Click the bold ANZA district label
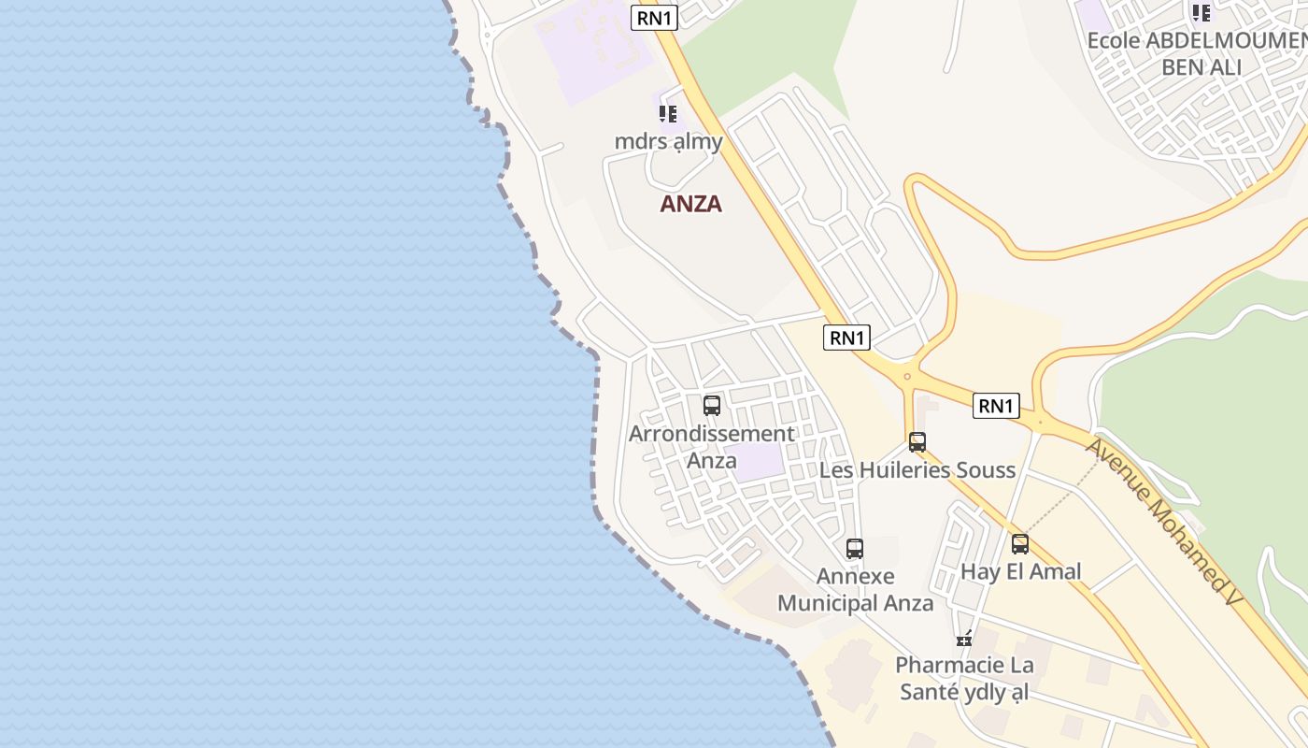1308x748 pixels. tap(691, 204)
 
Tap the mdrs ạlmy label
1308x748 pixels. tap(668, 141)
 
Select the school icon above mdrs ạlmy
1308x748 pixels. tap(667, 114)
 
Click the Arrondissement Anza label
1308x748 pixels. tap(711, 446)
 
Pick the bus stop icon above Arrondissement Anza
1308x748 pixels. tap(712, 406)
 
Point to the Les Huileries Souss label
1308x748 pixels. tap(917, 469)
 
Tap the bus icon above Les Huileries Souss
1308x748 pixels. tap(917, 442)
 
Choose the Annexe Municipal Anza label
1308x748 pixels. tap(855, 589)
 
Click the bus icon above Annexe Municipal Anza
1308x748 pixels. tap(855, 549)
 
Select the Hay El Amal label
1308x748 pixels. tap(1020, 571)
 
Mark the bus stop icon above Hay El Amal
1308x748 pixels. tap(1020, 544)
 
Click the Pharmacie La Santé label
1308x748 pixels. tap(964, 679)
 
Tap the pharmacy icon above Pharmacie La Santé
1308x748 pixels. tap(964, 640)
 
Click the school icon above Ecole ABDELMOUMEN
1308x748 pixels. tap(1201, 13)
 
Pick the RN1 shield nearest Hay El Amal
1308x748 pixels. tap(995, 406)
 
